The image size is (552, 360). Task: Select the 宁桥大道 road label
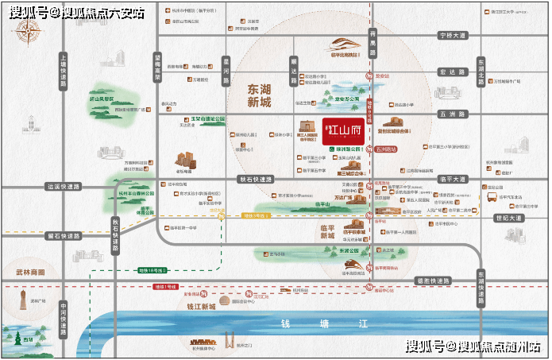(454, 36)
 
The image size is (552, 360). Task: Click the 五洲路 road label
(454, 114)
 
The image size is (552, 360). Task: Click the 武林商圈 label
(29, 272)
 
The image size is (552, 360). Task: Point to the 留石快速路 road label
(64, 235)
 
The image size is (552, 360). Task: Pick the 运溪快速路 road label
(64, 187)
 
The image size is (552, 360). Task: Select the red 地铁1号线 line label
(165, 285)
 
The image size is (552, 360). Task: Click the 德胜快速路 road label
(432, 281)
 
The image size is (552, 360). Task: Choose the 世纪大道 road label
(508, 217)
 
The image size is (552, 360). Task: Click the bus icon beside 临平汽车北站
(492, 196)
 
